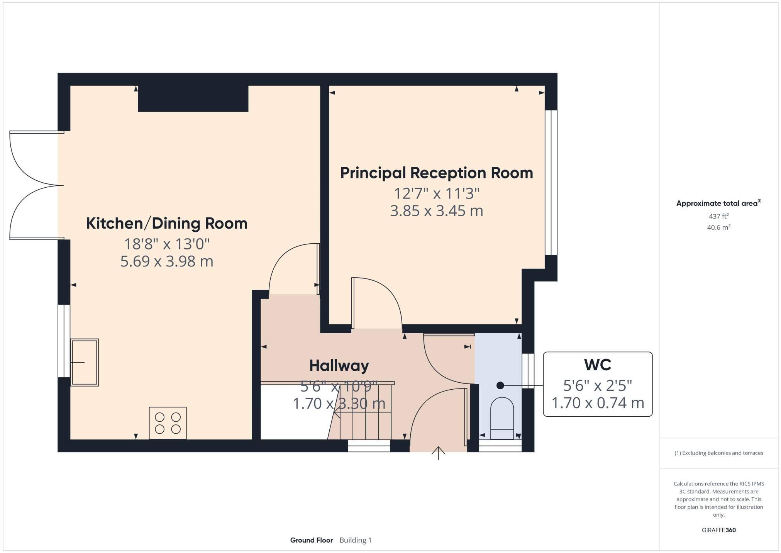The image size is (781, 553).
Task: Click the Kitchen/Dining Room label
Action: pos(166,224)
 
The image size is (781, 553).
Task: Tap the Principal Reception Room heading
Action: pos(436,173)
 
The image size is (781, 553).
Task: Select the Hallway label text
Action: pos(339,365)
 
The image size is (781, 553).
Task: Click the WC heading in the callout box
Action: pos(597,365)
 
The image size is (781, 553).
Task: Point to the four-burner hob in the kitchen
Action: pos(168,423)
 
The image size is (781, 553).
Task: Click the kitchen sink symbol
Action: pos(85,362)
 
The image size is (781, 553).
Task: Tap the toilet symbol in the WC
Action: pos(502,419)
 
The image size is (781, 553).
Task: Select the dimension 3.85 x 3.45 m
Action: pos(436,211)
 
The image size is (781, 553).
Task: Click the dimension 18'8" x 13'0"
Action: pos(166,244)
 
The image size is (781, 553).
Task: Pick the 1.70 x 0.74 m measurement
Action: pos(597,403)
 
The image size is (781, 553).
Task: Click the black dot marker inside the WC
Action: pos(500,385)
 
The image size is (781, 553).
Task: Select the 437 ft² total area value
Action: pos(718,216)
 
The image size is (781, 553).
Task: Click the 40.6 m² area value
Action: pos(718,227)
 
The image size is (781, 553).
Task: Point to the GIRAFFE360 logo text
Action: pos(718,530)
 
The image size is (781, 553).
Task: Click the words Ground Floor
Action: pos(311,540)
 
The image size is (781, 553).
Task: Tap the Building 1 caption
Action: pos(355,540)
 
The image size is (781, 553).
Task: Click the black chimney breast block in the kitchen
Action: pos(193,98)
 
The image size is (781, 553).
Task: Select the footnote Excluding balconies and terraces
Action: pos(718,453)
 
